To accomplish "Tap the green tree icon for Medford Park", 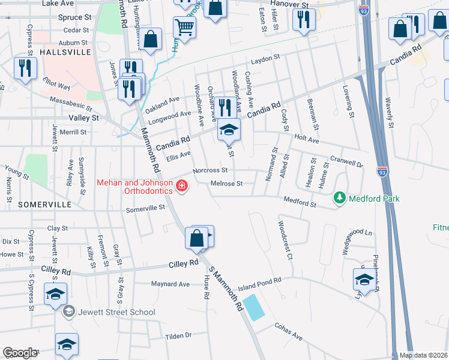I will point(339,198).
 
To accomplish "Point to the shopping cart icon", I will point(184,26).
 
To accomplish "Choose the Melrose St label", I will point(226,183).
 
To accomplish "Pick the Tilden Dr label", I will point(178,335).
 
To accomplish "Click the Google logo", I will point(20,353).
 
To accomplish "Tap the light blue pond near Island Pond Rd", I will point(255,307).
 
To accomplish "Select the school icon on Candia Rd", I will point(229,130).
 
